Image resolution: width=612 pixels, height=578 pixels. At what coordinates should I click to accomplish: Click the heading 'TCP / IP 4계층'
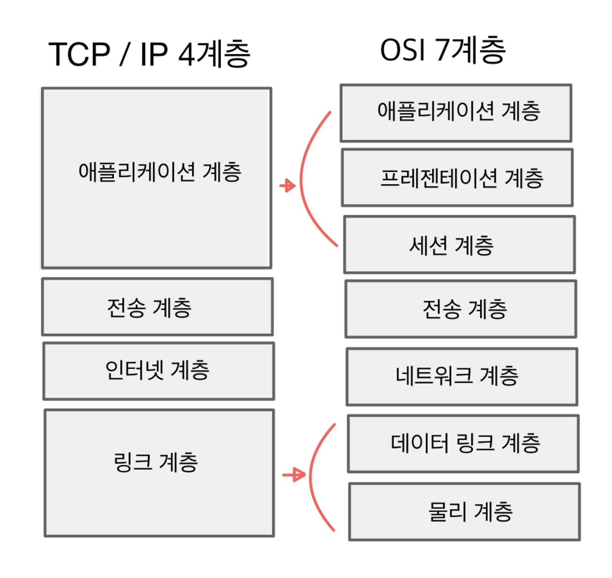(149, 54)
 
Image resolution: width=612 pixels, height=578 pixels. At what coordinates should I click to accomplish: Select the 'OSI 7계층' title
(443, 50)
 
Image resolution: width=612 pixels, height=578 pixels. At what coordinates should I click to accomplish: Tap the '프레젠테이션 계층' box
(457, 178)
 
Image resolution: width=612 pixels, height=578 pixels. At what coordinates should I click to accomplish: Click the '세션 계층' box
(459, 245)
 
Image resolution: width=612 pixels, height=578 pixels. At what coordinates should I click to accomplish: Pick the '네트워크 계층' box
(462, 376)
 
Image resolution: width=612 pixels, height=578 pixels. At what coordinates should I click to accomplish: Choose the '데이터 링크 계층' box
(463, 443)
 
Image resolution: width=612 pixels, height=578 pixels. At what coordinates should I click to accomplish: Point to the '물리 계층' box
(464, 512)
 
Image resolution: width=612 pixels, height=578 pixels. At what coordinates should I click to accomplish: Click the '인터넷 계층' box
(158, 371)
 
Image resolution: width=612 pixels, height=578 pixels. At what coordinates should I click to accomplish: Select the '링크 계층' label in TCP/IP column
(156, 462)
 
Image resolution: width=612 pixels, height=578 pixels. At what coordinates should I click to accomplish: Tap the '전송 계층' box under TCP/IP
(157, 307)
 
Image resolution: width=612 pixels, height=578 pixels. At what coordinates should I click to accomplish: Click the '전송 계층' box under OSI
(461, 309)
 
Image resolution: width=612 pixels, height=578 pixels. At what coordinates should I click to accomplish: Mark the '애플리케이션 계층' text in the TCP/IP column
(160, 172)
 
